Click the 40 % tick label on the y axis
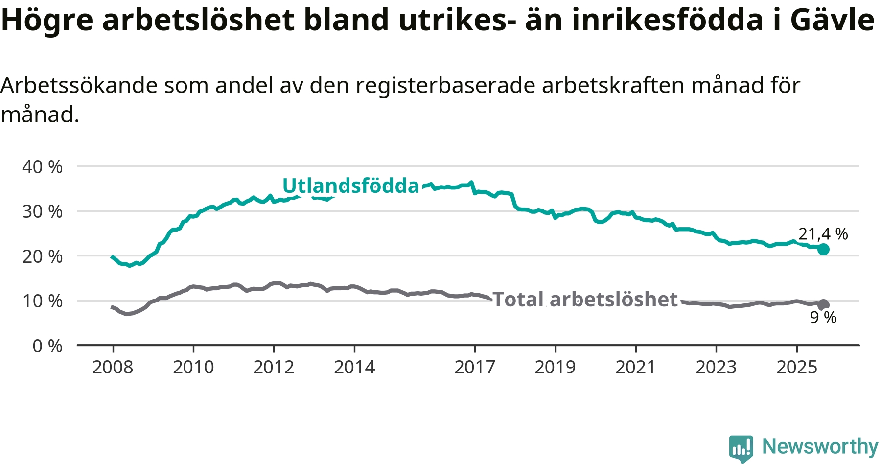coord(42,167)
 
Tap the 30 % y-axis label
coord(42,211)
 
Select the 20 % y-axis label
coord(42,256)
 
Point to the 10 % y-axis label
coord(42,301)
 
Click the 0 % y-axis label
coord(47,346)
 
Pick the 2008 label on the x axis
coord(113,367)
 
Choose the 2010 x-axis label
coord(193,367)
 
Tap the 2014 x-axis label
coord(354,367)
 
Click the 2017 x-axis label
coord(475,367)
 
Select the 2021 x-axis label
coord(635,367)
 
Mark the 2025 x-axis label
coord(797,367)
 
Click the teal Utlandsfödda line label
coord(351,186)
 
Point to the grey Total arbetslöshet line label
coord(585,300)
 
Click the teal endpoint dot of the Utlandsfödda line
coord(823,249)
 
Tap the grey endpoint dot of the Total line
coord(823,305)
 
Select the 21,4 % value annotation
coord(823,234)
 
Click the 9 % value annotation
coord(823,318)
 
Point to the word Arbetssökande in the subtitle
coord(79,86)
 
